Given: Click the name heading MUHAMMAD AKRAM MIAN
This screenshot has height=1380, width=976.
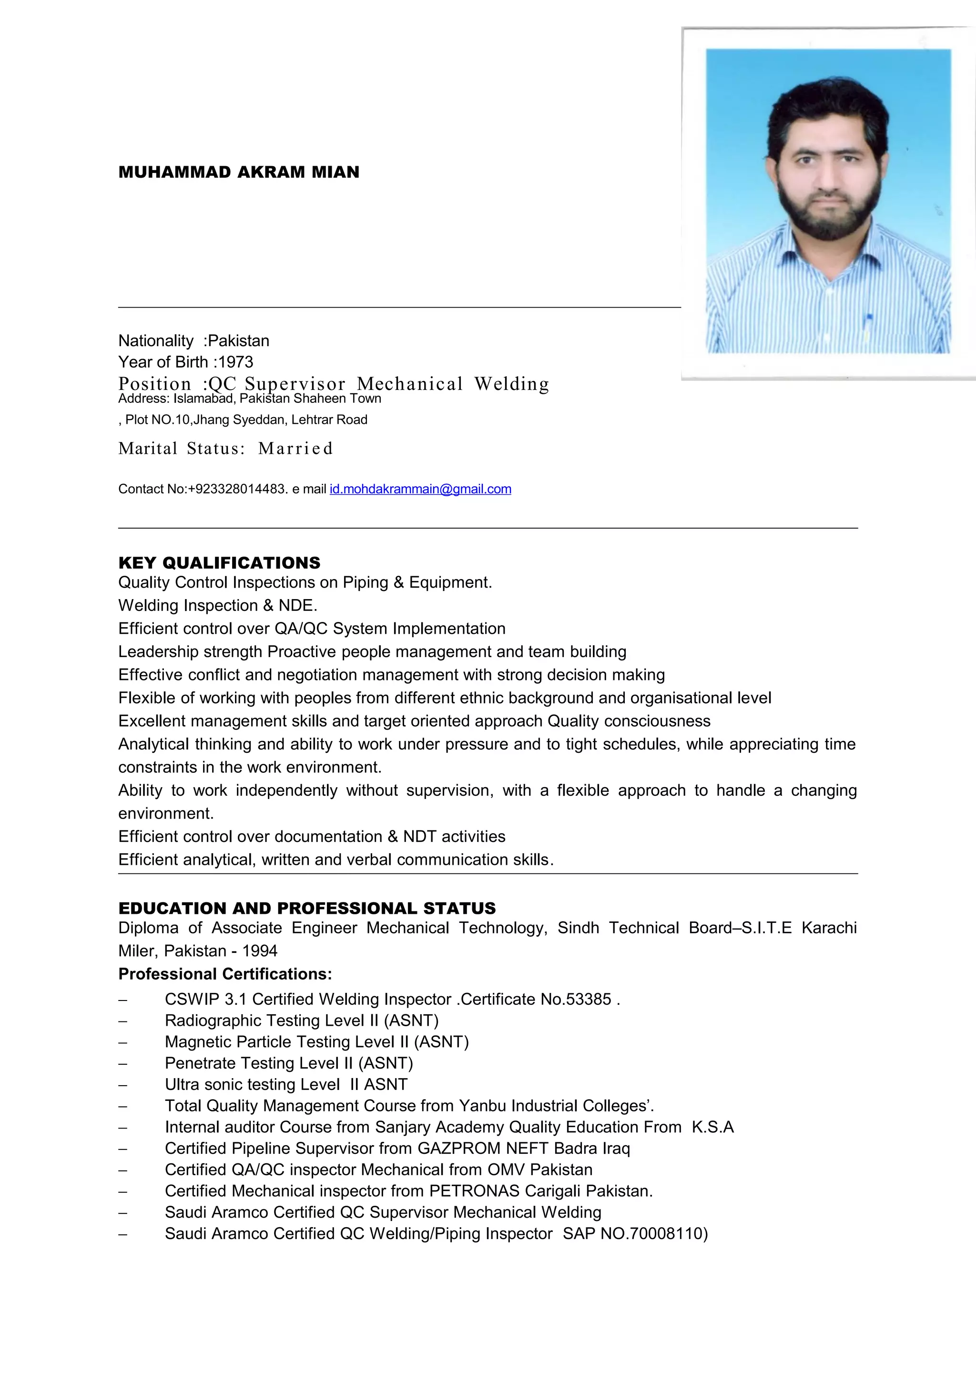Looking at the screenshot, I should [x=239, y=172].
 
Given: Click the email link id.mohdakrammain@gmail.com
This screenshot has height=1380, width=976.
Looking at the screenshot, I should [x=420, y=489].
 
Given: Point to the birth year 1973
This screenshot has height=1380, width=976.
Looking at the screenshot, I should [x=236, y=362].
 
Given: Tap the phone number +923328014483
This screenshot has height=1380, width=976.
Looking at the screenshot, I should [x=237, y=489].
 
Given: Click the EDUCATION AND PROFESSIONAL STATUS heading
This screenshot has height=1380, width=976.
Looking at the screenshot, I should [x=307, y=908].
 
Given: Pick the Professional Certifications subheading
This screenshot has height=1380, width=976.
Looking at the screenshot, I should [x=225, y=974].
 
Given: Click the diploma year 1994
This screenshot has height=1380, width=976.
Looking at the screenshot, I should [x=260, y=951].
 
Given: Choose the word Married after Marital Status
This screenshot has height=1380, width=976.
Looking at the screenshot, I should [x=295, y=449].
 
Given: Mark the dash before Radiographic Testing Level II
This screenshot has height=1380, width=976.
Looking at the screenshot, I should [x=122, y=1021].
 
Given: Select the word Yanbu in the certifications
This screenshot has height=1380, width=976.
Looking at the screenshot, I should [x=481, y=1106].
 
